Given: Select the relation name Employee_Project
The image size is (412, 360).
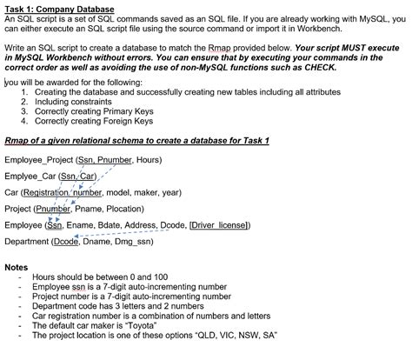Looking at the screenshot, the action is pos(37,160).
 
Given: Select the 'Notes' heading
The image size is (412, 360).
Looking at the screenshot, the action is pos(17,266).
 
